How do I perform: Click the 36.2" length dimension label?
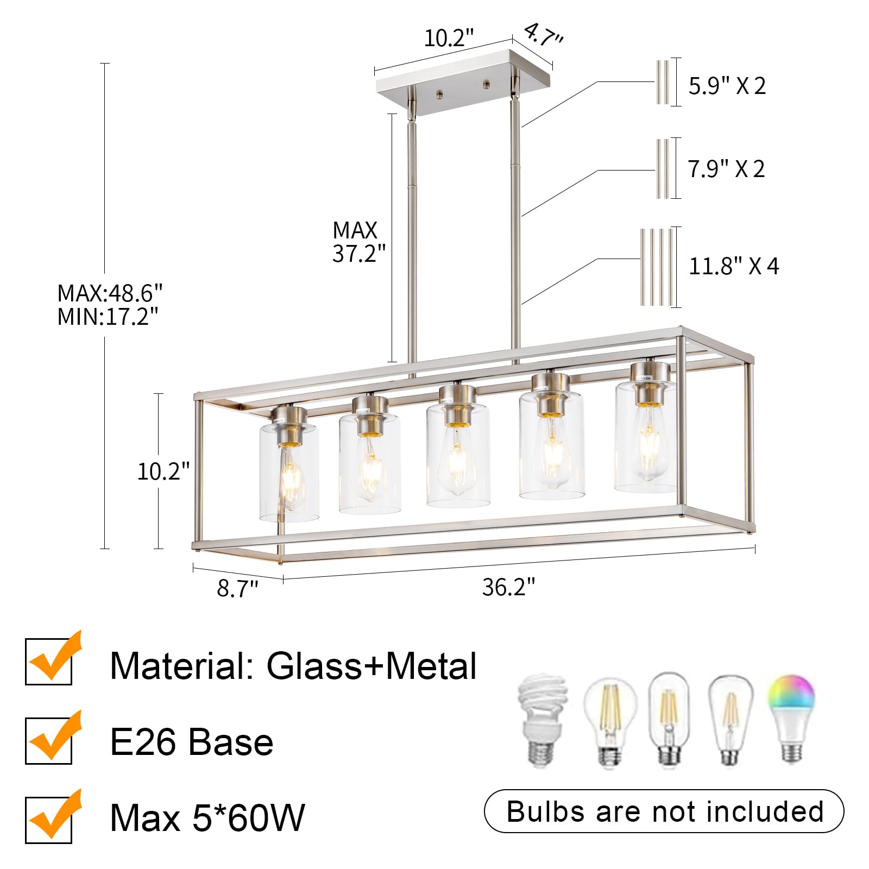pyautogui.click(x=508, y=587)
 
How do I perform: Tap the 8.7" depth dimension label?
pyautogui.click(x=237, y=589)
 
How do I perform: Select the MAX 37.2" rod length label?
pyautogui.click(x=358, y=242)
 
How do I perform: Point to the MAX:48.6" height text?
pyautogui.click(x=110, y=294)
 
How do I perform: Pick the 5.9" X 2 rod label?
pyautogui.click(x=727, y=86)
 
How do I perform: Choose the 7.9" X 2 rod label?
pyautogui.click(x=726, y=169)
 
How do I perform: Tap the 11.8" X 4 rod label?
pyautogui.click(x=733, y=266)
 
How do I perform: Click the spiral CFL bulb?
pyautogui.click(x=543, y=720)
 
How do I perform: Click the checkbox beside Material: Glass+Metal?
pyautogui.click(x=49, y=662)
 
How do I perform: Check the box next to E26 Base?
pyautogui.click(x=49, y=740)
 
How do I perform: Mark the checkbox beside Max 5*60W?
pyautogui.click(x=49, y=819)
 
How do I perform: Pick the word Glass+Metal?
pyautogui.click(x=371, y=666)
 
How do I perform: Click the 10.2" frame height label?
pyautogui.click(x=163, y=471)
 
